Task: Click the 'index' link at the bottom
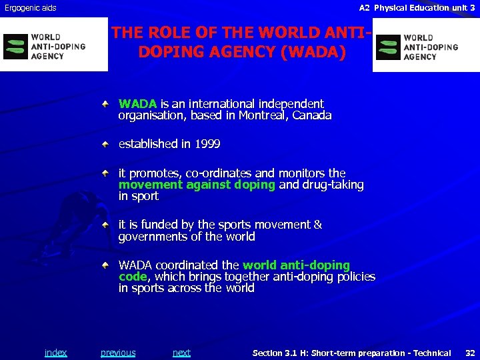coord(55,353)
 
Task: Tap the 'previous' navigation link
coord(118,353)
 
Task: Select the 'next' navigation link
coord(181,353)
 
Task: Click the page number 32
coord(470,353)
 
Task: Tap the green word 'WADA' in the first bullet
coord(137,104)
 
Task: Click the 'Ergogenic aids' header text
coord(31,8)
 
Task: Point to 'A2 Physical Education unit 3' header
coord(417,8)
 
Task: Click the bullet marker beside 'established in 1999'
coord(106,144)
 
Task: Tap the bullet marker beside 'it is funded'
coord(106,225)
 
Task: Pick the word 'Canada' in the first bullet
coord(311,115)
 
